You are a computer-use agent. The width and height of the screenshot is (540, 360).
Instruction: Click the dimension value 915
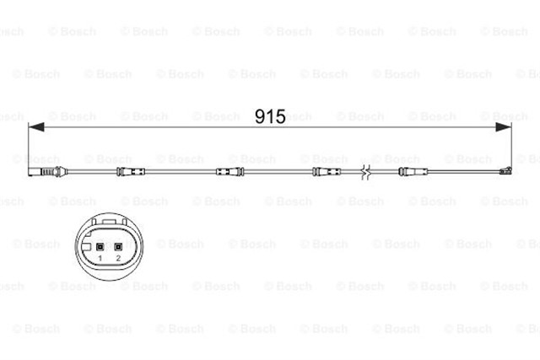(270, 116)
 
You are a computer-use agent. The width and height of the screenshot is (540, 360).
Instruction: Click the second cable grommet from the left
(229, 173)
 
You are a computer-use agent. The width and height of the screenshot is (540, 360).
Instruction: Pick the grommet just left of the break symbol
(326, 173)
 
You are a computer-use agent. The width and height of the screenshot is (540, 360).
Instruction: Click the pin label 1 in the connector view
(100, 257)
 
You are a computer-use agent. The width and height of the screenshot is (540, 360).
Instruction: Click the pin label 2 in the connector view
(118, 257)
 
